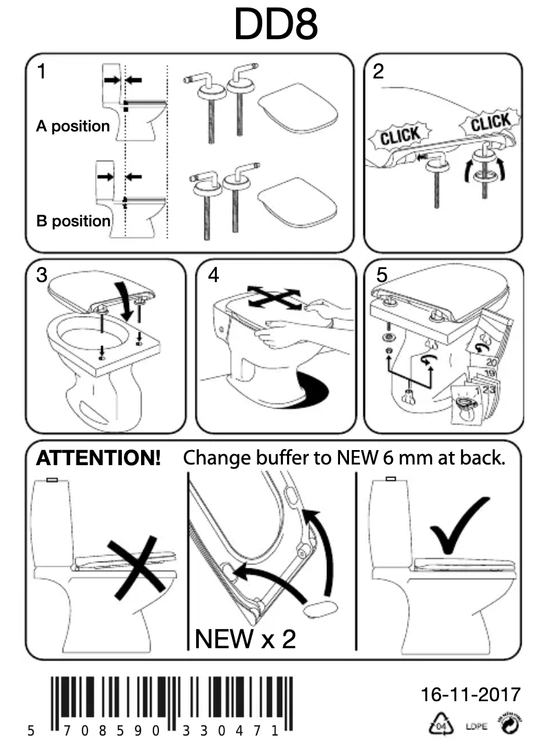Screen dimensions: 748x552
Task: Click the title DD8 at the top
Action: (x=275, y=25)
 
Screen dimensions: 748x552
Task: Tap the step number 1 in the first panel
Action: (x=42, y=72)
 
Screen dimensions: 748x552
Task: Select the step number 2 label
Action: (x=379, y=72)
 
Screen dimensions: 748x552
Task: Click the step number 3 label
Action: (x=43, y=275)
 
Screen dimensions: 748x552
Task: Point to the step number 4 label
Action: (x=213, y=275)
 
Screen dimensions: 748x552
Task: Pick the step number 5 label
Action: (x=382, y=275)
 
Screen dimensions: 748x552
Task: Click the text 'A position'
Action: (x=72, y=127)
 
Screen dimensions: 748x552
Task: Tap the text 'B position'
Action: (x=73, y=222)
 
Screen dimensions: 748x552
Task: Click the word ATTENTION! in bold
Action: (x=98, y=458)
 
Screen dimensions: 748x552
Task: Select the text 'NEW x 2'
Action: (x=245, y=639)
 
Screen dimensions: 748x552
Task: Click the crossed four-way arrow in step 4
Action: (x=274, y=298)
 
